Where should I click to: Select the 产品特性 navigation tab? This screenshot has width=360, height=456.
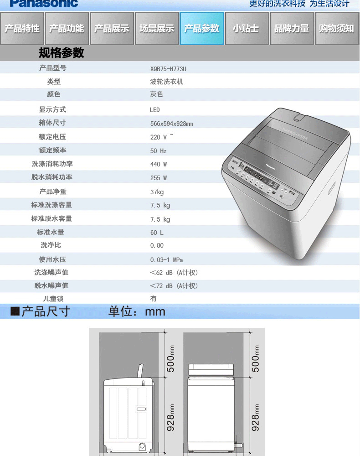click(x=22, y=29)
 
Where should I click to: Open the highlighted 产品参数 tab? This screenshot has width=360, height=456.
click(x=202, y=29)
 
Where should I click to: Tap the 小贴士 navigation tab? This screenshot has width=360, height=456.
click(x=246, y=29)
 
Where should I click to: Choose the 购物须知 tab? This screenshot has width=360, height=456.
click(x=336, y=29)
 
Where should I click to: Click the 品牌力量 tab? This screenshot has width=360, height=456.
click(x=292, y=29)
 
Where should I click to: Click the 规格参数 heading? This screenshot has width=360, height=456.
click(x=61, y=53)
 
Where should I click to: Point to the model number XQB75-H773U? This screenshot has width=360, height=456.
click(x=168, y=69)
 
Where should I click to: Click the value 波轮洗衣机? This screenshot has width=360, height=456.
click(x=166, y=82)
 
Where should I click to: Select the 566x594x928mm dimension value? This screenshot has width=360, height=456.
click(x=171, y=124)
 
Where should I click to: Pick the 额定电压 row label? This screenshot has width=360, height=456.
click(x=52, y=137)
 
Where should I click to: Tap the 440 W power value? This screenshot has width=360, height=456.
click(x=158, y=164)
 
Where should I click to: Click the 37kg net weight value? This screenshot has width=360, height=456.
click(x=157, y=192)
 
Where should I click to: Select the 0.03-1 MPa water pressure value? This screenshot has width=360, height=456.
click(x=166, y=260)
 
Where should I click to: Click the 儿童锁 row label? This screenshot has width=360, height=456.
click(x=52, y=299)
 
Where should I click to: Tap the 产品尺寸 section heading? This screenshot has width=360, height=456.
click(x=45, y=312)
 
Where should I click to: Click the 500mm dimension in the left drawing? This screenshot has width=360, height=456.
click(x=170, y=358)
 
